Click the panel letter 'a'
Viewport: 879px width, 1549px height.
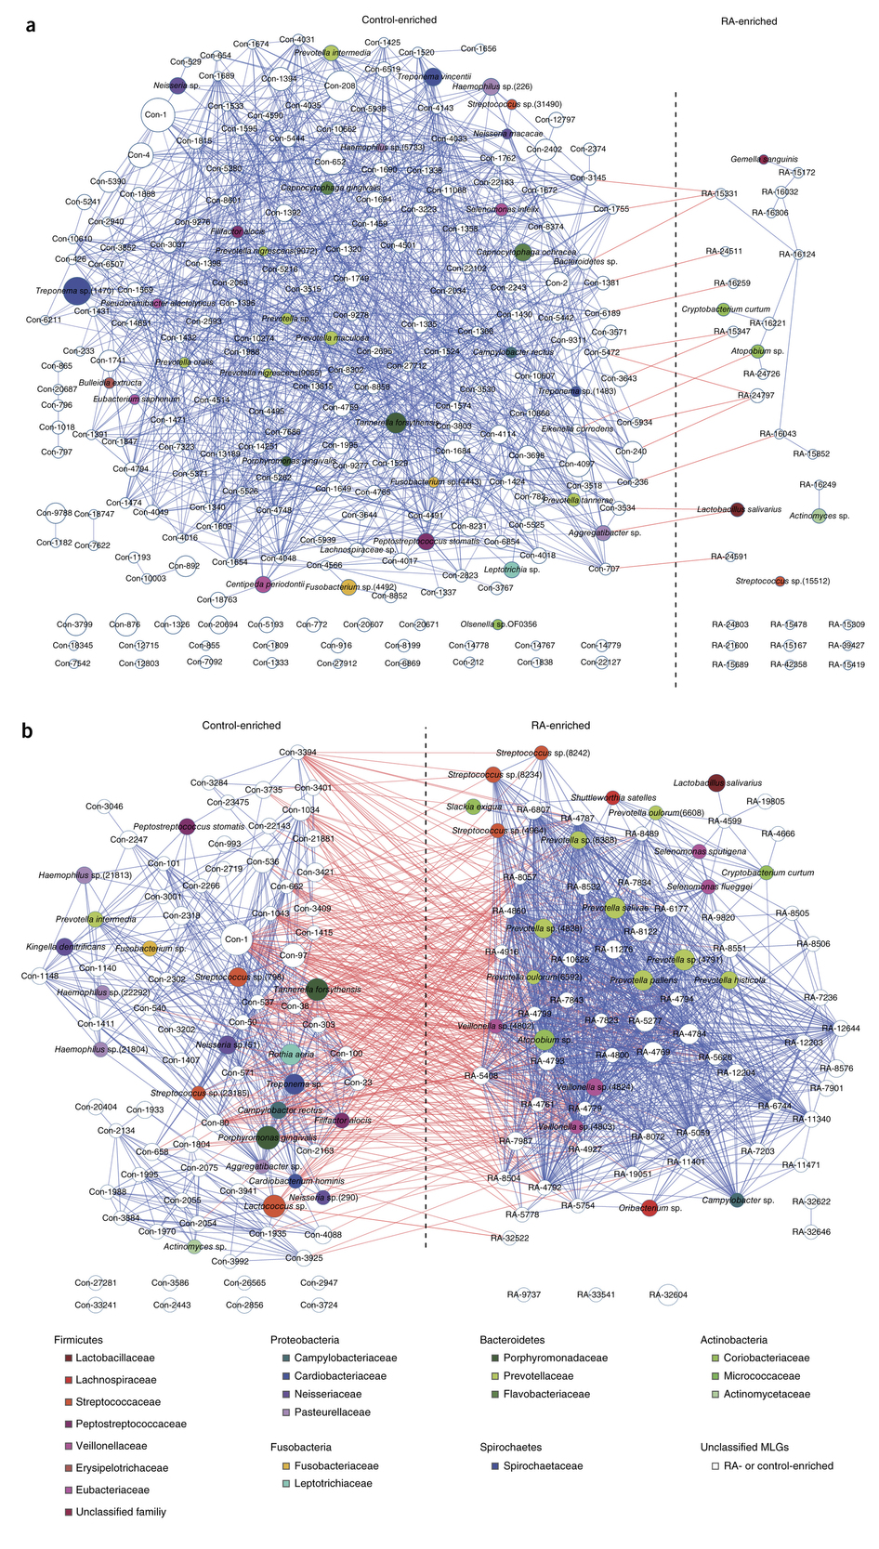click(x=31, y=27)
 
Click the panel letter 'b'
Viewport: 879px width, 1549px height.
click(x=28, y=730)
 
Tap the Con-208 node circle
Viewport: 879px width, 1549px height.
click(x=339, y=85)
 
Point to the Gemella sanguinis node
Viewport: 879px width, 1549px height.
click(x=764, y=159)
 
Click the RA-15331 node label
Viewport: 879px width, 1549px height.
click(x=719, y=193)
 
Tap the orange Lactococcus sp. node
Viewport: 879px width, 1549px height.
click(x=274, y=1206)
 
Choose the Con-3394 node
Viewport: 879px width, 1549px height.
click(x=297, y=753)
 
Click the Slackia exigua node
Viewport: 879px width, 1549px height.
click(x=471, y=807)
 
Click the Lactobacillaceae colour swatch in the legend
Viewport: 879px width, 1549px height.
click(x=68, y=1358)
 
